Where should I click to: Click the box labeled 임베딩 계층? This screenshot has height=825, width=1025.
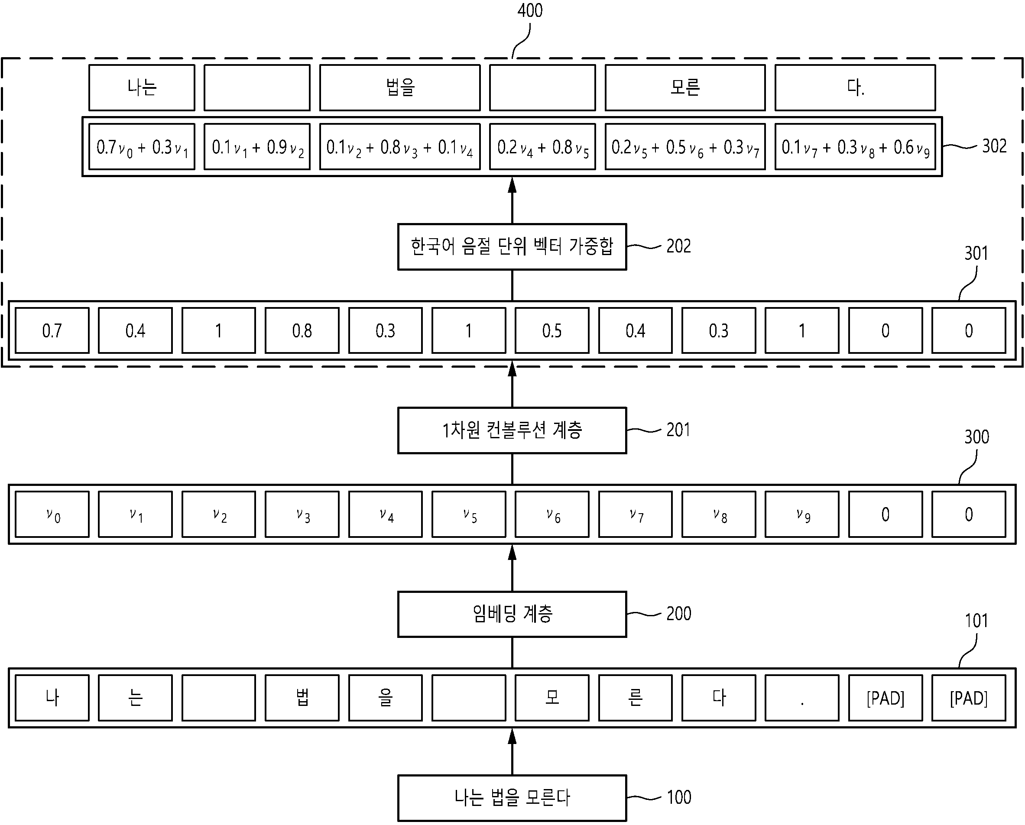(512, 614)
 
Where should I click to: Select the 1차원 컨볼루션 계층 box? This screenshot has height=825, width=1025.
(512, 430)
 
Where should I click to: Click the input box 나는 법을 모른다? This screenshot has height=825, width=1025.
(512, 798)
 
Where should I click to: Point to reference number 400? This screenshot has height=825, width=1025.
(530, 10)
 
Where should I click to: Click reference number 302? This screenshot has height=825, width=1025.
(994, 146)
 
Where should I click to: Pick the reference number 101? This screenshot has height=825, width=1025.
(976, 620)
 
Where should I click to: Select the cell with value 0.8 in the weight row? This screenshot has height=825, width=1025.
(302, 330)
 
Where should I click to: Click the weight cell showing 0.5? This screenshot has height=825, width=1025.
(552, 330)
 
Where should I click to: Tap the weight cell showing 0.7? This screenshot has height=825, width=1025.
(52, 330)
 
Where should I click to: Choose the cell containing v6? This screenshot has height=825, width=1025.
(552, 514)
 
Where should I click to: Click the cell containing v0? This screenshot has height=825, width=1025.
(52, 514)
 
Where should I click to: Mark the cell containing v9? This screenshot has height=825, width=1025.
(802, 514)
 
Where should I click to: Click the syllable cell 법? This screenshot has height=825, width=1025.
(302, 698)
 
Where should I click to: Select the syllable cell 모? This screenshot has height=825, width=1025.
(552, 698)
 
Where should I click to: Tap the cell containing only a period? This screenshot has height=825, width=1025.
(802, 698)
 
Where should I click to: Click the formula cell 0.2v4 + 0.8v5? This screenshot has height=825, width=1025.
(542, 146)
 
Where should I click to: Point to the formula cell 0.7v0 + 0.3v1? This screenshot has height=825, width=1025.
(142, 146)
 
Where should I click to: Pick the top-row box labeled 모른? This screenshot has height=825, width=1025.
(685, 87)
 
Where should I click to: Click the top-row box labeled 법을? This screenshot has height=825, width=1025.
(400, 87)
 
